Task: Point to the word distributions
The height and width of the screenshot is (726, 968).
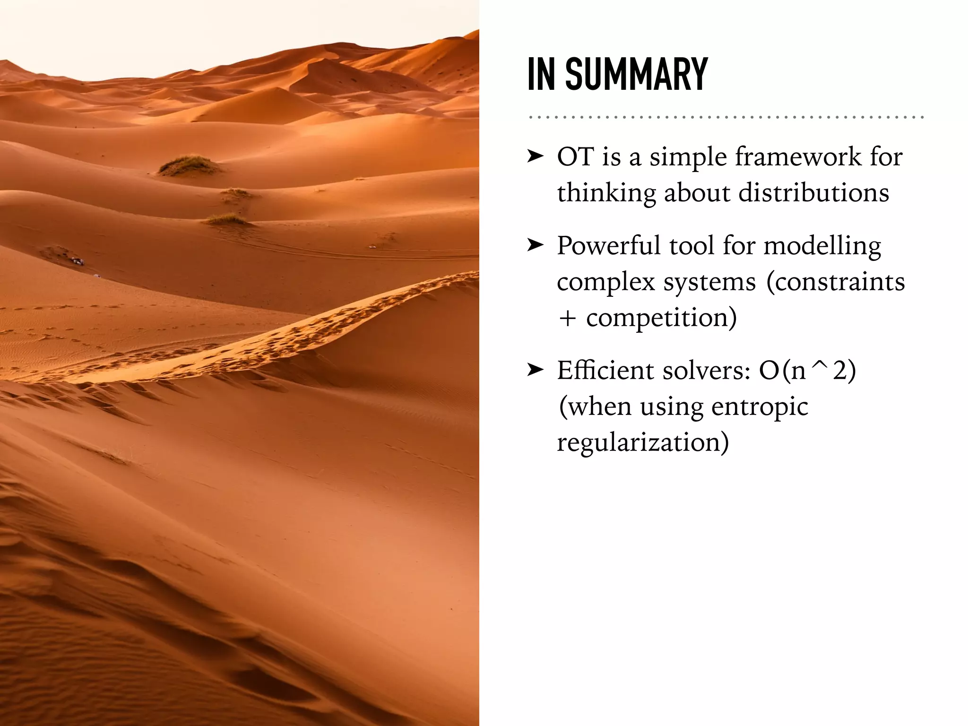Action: click(813, 193)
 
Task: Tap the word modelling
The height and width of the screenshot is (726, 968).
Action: click(822, 246)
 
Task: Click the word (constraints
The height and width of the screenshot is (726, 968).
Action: click(835, 282)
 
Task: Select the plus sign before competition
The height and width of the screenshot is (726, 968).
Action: click(567, 318)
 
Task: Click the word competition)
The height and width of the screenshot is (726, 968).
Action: click(661, 318)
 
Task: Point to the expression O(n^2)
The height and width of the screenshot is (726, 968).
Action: click(807, 370)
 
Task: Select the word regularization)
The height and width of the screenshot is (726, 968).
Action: click(643, 442)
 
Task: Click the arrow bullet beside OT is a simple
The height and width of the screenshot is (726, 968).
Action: click(536, 156)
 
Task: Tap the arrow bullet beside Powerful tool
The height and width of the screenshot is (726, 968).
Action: click(536, 245)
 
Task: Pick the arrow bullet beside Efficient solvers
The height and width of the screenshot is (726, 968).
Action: click(536, 370)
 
